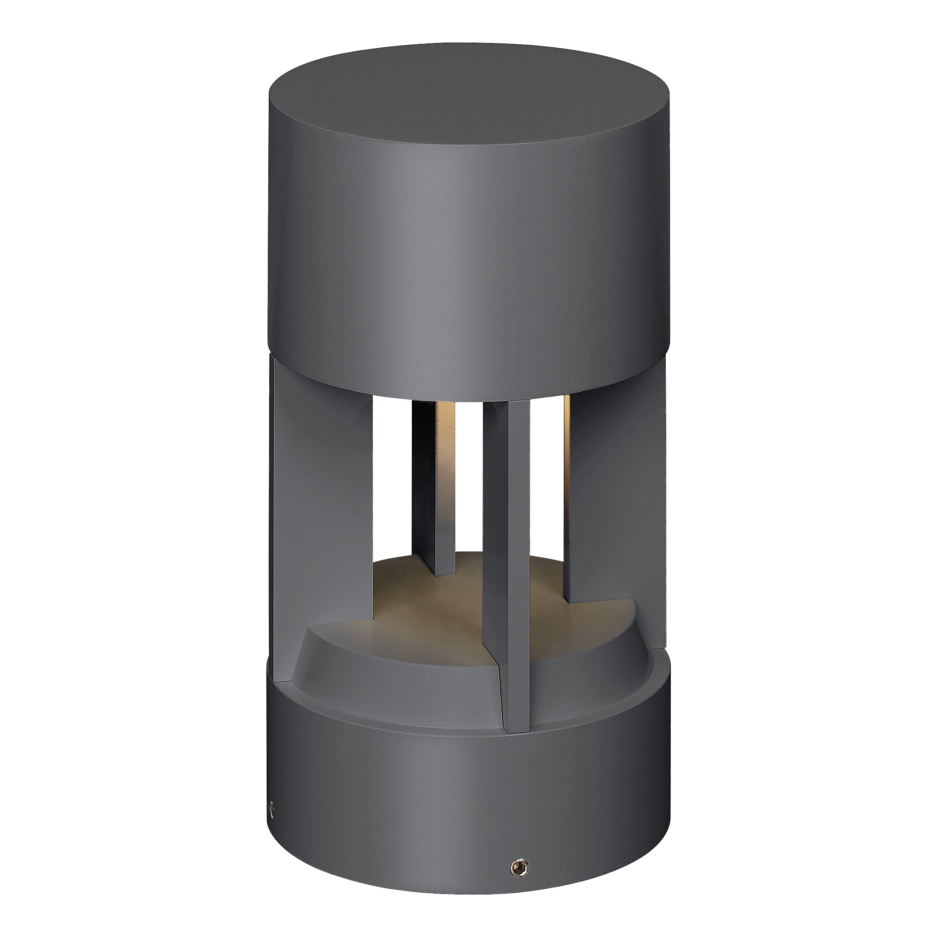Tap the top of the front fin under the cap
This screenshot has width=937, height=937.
click(x=507, y=410)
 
